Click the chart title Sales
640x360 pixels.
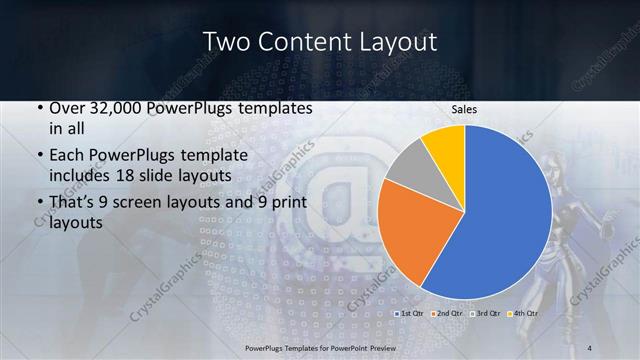pos(464,110)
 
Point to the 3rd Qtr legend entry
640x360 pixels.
pos(486,314)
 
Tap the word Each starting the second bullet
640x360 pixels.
pos(65,156)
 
